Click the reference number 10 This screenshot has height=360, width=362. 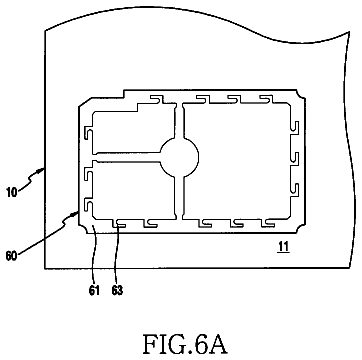(x=12, y=193)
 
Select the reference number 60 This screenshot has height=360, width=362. (x=12, y=257)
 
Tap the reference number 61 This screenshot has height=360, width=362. (x=94, y=291)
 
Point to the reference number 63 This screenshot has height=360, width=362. (x=117, y=291)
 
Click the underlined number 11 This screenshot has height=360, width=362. (x=284, y=247)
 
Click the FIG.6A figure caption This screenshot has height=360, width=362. (x=185, y=344)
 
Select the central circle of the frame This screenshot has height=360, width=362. (x=179, y=157)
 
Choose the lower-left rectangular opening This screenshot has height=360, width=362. (x=133, y=191)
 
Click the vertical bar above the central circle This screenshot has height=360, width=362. (x=179, y=121)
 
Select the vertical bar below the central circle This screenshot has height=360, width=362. (x=179, y=197)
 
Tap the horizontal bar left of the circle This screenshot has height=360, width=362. (x=128, y=158)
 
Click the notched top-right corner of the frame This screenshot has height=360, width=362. (x=301, y=94)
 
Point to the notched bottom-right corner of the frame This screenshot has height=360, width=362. (x=301, y=228)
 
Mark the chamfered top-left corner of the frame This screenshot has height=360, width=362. (x=85, y=102)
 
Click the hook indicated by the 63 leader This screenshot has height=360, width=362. (x=119, y=224)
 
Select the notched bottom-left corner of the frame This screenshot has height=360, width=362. (x=84, y=228)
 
